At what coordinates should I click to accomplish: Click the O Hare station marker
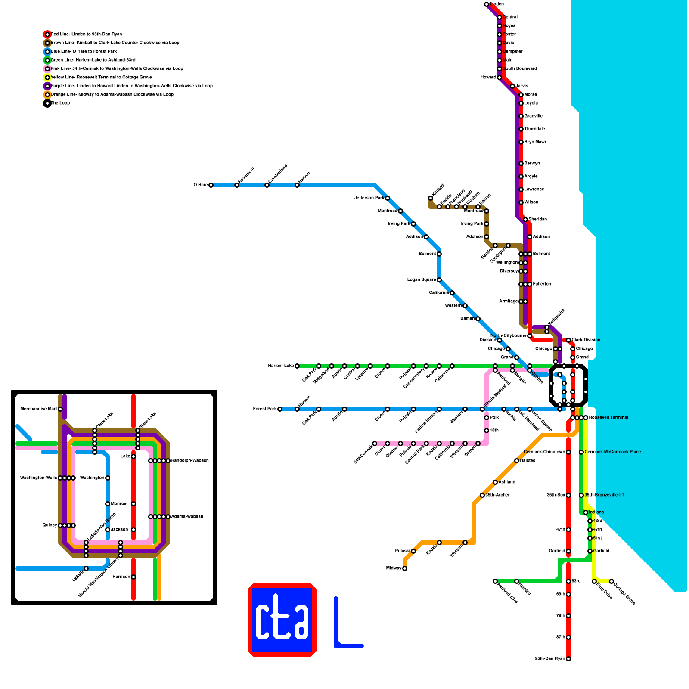tap(211, 185)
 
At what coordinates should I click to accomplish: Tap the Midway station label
tap(394, 568)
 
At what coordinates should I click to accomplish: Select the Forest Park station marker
tap(280, 409)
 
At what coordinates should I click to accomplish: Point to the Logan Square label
tap(422, 280)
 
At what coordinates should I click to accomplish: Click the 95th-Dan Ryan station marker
tap(568, 659)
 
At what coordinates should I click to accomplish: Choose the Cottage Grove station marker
tap(611, 581)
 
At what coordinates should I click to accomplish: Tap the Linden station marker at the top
tap(487, 4)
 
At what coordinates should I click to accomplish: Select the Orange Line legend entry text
tap(112, 95)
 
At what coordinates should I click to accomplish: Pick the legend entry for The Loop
tap(60, 103)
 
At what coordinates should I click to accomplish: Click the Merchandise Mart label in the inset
tap(38, 409)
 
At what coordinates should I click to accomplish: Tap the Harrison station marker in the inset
tap(133, 577)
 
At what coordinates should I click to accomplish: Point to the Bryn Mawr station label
tap(535, 142)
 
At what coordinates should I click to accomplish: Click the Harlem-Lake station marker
tap(297, 366)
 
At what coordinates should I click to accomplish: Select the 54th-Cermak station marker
tap(375, 444)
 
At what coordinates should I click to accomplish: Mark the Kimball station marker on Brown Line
tap(431, 198)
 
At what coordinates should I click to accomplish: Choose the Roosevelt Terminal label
tap(608, 418)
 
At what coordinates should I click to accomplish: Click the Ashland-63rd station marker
tap(495, 581)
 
